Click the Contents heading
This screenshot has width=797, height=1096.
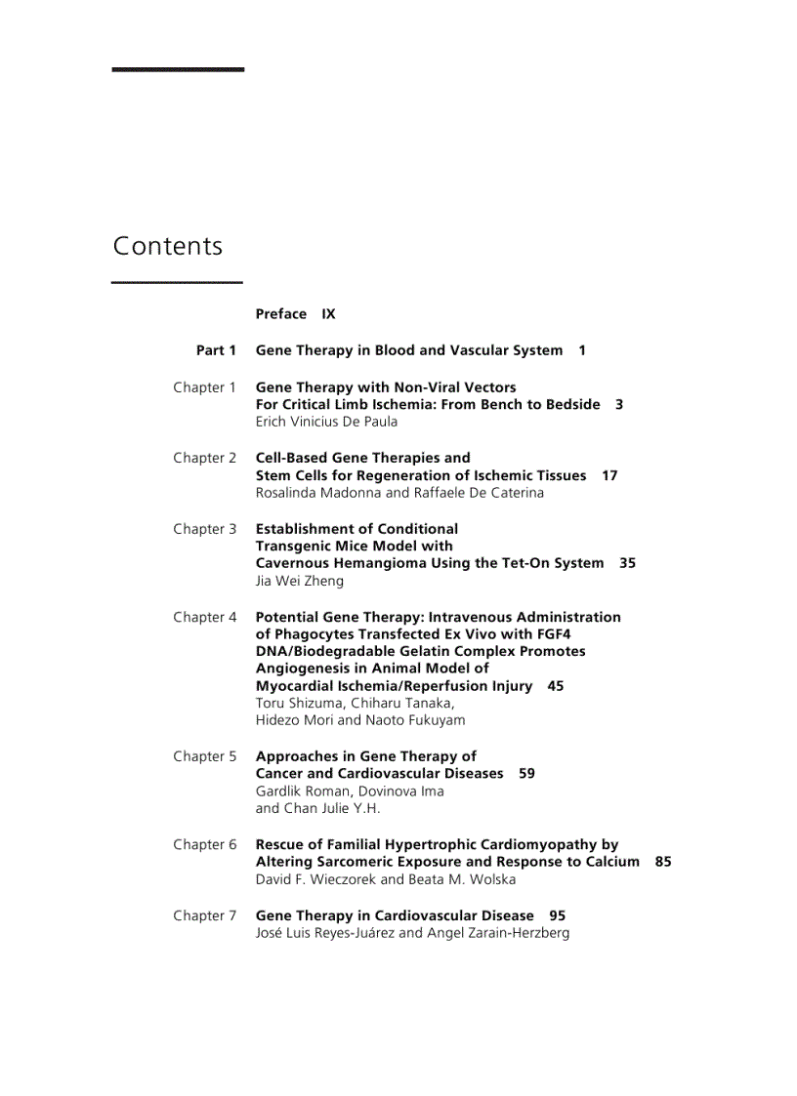point(168,246)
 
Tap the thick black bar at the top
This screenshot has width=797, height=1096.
point(178,69)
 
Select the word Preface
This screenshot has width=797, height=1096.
point(281,314)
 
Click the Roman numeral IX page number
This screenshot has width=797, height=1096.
point(328,314)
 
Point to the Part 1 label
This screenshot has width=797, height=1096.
point(216,350)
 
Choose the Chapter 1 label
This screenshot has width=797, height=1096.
point(205,387)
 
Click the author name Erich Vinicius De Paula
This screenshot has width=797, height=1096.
point(326,422)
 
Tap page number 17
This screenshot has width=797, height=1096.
point(609,475)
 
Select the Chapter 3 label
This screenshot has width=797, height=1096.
point(205,529)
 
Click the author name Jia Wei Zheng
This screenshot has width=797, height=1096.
point(300,581)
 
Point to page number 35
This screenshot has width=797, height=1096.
point(627,563)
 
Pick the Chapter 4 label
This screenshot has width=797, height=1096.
point(205,617)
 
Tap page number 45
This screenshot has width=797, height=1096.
point(556,686)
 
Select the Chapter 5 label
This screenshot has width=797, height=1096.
point(205,756)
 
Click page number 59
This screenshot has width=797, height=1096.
point(526,773)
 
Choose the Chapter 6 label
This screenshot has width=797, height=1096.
point(205,844)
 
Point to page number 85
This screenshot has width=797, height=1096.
point(663,862)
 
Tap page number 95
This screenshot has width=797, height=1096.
point(557,915)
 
